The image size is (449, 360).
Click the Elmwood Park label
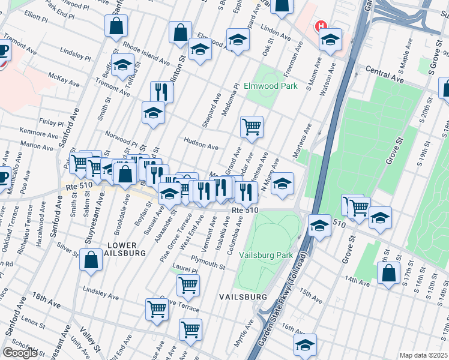[x=271, y=86]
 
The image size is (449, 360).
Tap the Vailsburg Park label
[x=266, y=255]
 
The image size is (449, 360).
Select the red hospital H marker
[x=321, y=27]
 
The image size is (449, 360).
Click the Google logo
[x=20, y=352]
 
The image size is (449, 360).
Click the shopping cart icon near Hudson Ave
[x=252, y=127]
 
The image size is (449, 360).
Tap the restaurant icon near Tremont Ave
[x=161, y=92]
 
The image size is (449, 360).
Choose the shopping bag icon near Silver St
[x=91, y=261]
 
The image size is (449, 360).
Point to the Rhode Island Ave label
[x=147, y=52]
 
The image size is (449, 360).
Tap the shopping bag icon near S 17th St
[x=388, y=273]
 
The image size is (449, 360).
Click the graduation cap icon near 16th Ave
[x=305, y=345]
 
